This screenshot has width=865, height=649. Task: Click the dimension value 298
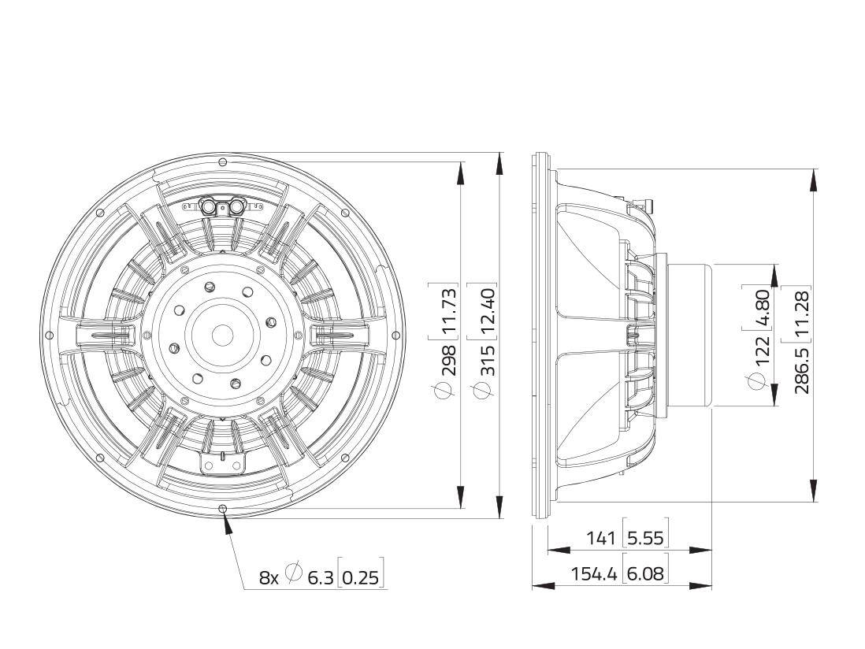click(x=447, y=360)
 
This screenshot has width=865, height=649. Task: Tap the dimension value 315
click(x=486, y=360)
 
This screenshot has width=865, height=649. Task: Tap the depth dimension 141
click(x=602, y=538)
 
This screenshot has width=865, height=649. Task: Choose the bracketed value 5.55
click(x=644, y=538)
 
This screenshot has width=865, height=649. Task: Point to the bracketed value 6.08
click(x=644, y=573)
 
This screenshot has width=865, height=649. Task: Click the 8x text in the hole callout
click(x=269, y=577)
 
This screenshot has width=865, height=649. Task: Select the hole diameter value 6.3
click(x=320, y=577)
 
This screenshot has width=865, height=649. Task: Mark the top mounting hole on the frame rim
click(x=222, y=161)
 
